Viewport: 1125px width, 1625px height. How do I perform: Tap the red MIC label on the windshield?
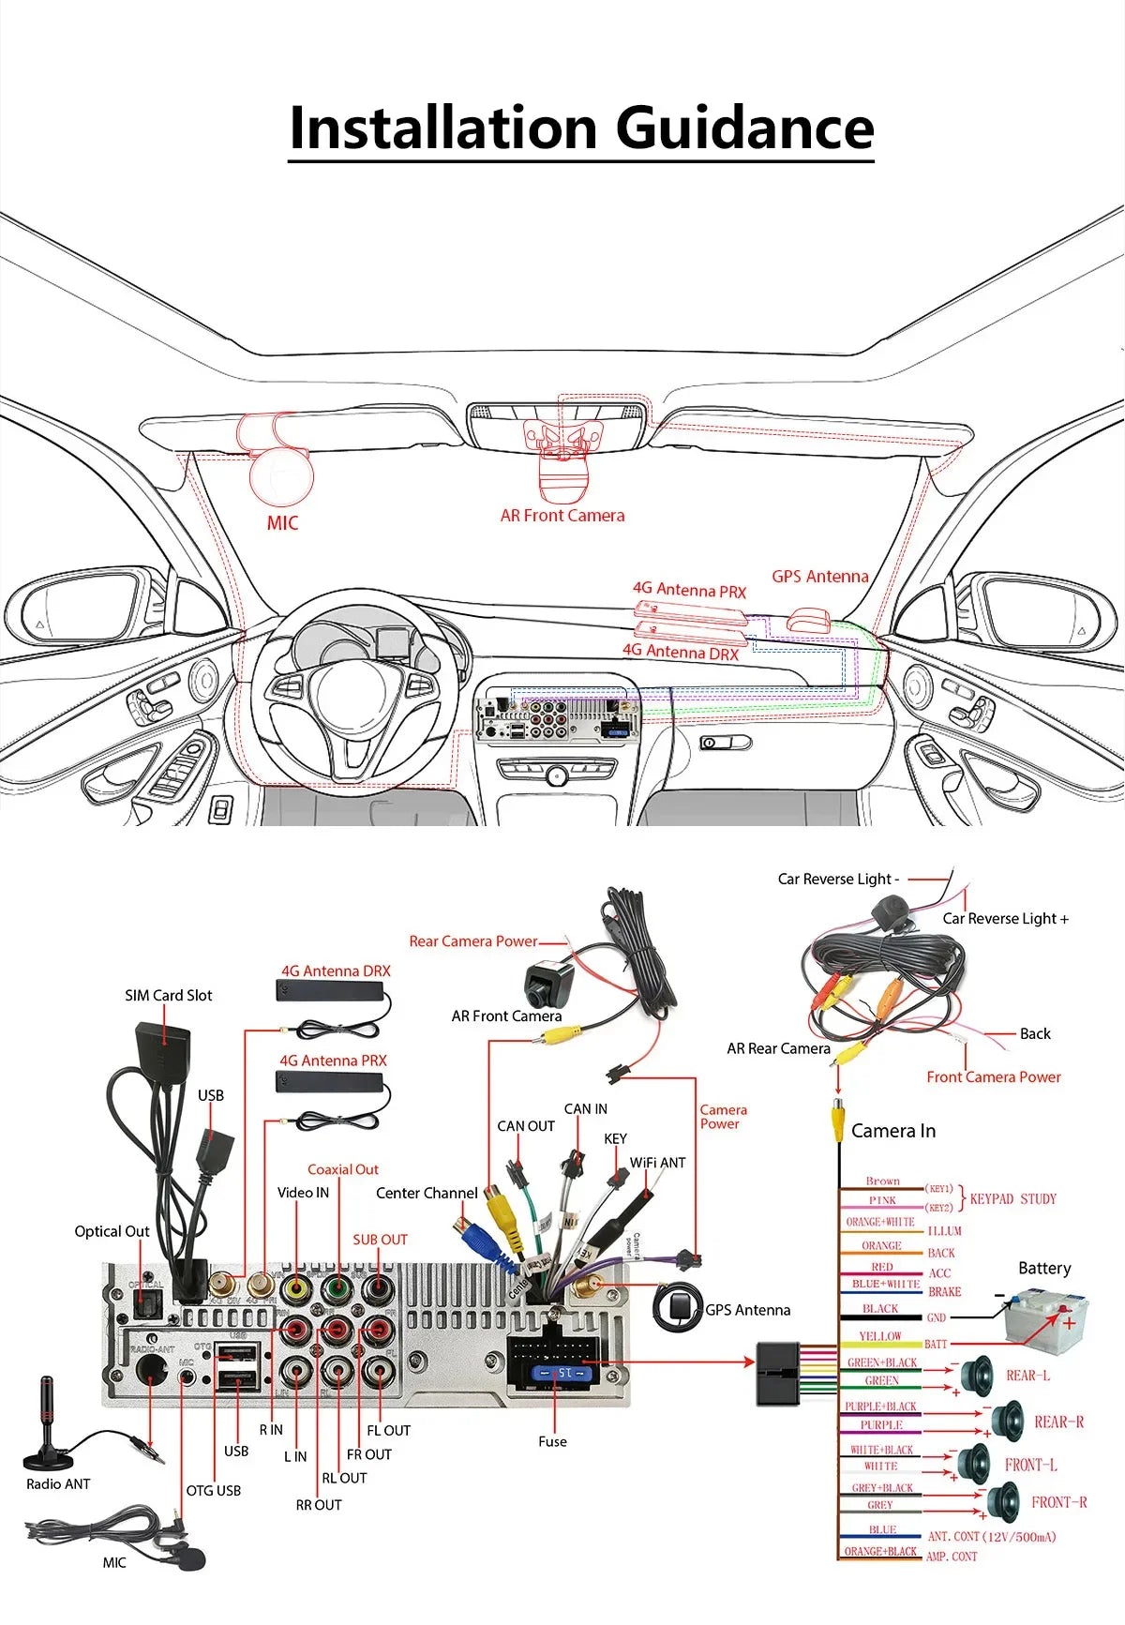(282, 523)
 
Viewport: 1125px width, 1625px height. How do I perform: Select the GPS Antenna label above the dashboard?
(819, 577)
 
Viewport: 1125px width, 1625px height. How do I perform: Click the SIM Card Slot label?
(169, 995)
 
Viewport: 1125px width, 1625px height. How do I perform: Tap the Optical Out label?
(112, 1231)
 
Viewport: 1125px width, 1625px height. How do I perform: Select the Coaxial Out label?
(343, 1169)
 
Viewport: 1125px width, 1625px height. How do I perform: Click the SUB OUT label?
(380, 1240)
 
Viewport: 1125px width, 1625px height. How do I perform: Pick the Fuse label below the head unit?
(552, 1441)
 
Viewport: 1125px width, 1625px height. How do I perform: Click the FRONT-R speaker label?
(1058, 1502)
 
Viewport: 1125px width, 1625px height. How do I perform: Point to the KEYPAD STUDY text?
(1012, 1198)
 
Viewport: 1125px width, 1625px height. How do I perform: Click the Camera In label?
(892, 1131)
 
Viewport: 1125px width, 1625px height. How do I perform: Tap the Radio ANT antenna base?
(49, 1457)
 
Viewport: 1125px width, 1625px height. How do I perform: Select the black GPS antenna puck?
(677, 1307)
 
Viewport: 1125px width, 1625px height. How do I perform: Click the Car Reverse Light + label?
(1005, 919)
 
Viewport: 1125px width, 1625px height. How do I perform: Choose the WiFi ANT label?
(657, 1163)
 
